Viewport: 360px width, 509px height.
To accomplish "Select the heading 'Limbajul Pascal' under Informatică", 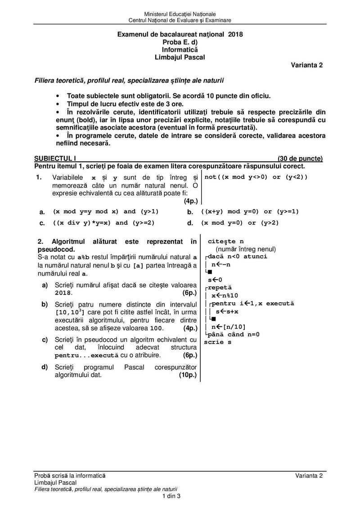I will click(180, 57).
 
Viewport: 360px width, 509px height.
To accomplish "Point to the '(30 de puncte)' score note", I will click(300, 158).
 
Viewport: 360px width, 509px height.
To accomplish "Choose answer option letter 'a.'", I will click(42, 212).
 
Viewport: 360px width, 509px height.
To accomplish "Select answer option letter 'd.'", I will click(190, 223).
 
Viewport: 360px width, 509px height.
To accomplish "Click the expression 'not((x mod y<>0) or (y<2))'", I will click(256, 177).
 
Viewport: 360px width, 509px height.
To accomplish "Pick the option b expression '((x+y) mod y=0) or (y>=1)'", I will click(250, 211).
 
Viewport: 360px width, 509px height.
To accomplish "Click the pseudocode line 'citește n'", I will click(225, 242).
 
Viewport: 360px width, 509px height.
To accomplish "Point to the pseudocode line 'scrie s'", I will click(218, 342).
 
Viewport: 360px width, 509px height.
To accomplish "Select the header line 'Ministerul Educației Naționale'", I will click(180, 15).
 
